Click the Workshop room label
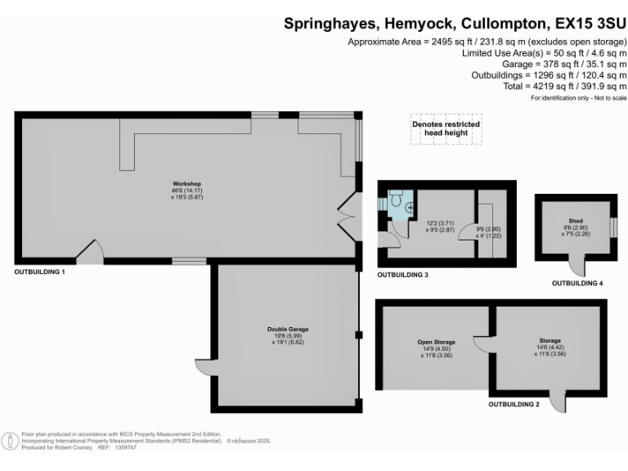click(186, 183)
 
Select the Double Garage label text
click(288, 330)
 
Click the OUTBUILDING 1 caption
click(39, 271)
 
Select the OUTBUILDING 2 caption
click(514, 405)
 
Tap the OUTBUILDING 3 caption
click(402, 275)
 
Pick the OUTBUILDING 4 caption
click(577, 283)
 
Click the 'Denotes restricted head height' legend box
click(446, 128)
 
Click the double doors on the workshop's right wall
click(348, 216)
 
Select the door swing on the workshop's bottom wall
click(90, 251)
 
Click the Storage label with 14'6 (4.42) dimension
click(549, 342)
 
